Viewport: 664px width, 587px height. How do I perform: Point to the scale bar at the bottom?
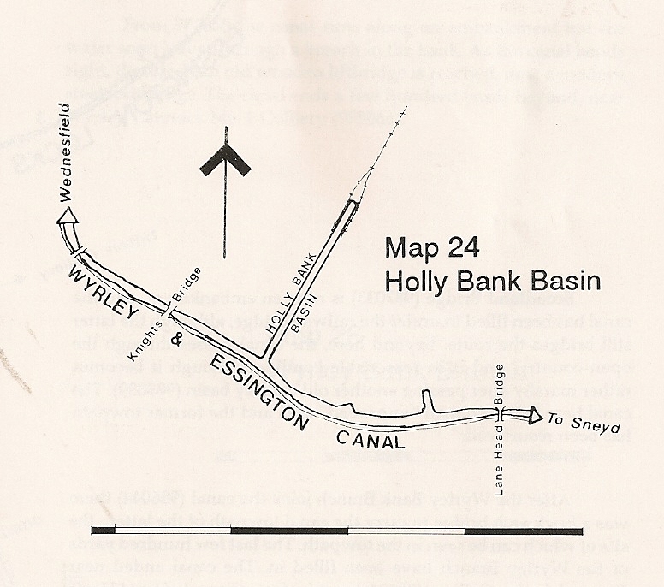coord(337,531)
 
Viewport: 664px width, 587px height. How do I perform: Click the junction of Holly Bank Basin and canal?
coord(265,359)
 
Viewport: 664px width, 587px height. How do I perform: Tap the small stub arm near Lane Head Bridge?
coord(425,402)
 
